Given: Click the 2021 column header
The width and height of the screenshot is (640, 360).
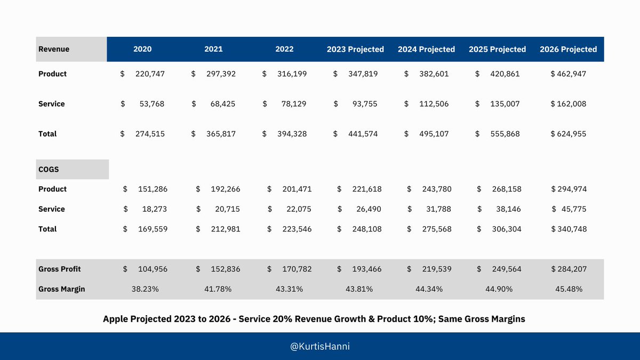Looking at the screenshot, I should coord(213,49).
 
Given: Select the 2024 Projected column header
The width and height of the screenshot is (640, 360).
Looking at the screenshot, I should coord(426,49).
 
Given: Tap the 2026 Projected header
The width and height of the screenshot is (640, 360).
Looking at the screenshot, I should coord(568,49).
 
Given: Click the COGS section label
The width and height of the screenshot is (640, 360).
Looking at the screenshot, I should coord(49,169).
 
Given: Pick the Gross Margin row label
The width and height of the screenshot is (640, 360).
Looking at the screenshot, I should coord(61,289).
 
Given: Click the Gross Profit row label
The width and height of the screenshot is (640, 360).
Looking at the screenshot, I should coord(60,269).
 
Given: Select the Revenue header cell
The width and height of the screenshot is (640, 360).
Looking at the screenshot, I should coord(54,49).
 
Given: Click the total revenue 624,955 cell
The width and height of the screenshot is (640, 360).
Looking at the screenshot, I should coord(568,134).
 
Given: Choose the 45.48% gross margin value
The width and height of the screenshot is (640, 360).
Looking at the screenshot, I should coord(569,289).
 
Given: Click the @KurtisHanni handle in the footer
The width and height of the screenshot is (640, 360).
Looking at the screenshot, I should coord(320,347).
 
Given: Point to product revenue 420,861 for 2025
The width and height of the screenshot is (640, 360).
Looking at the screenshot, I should coord(504,74).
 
